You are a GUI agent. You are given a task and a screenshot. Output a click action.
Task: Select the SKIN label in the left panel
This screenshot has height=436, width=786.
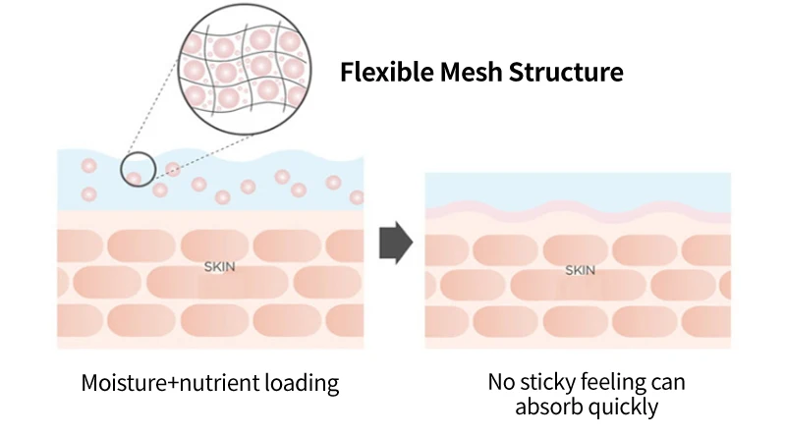coord(219,266)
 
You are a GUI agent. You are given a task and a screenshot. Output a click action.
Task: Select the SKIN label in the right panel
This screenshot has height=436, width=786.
coord(580,270)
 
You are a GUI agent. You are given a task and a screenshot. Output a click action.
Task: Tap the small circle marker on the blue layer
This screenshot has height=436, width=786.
coord(139,169)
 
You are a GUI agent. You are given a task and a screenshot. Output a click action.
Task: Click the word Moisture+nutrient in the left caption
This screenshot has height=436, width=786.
coord(160,383)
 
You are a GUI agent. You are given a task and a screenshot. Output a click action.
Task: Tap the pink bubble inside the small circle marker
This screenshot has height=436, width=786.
coord(134,178)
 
